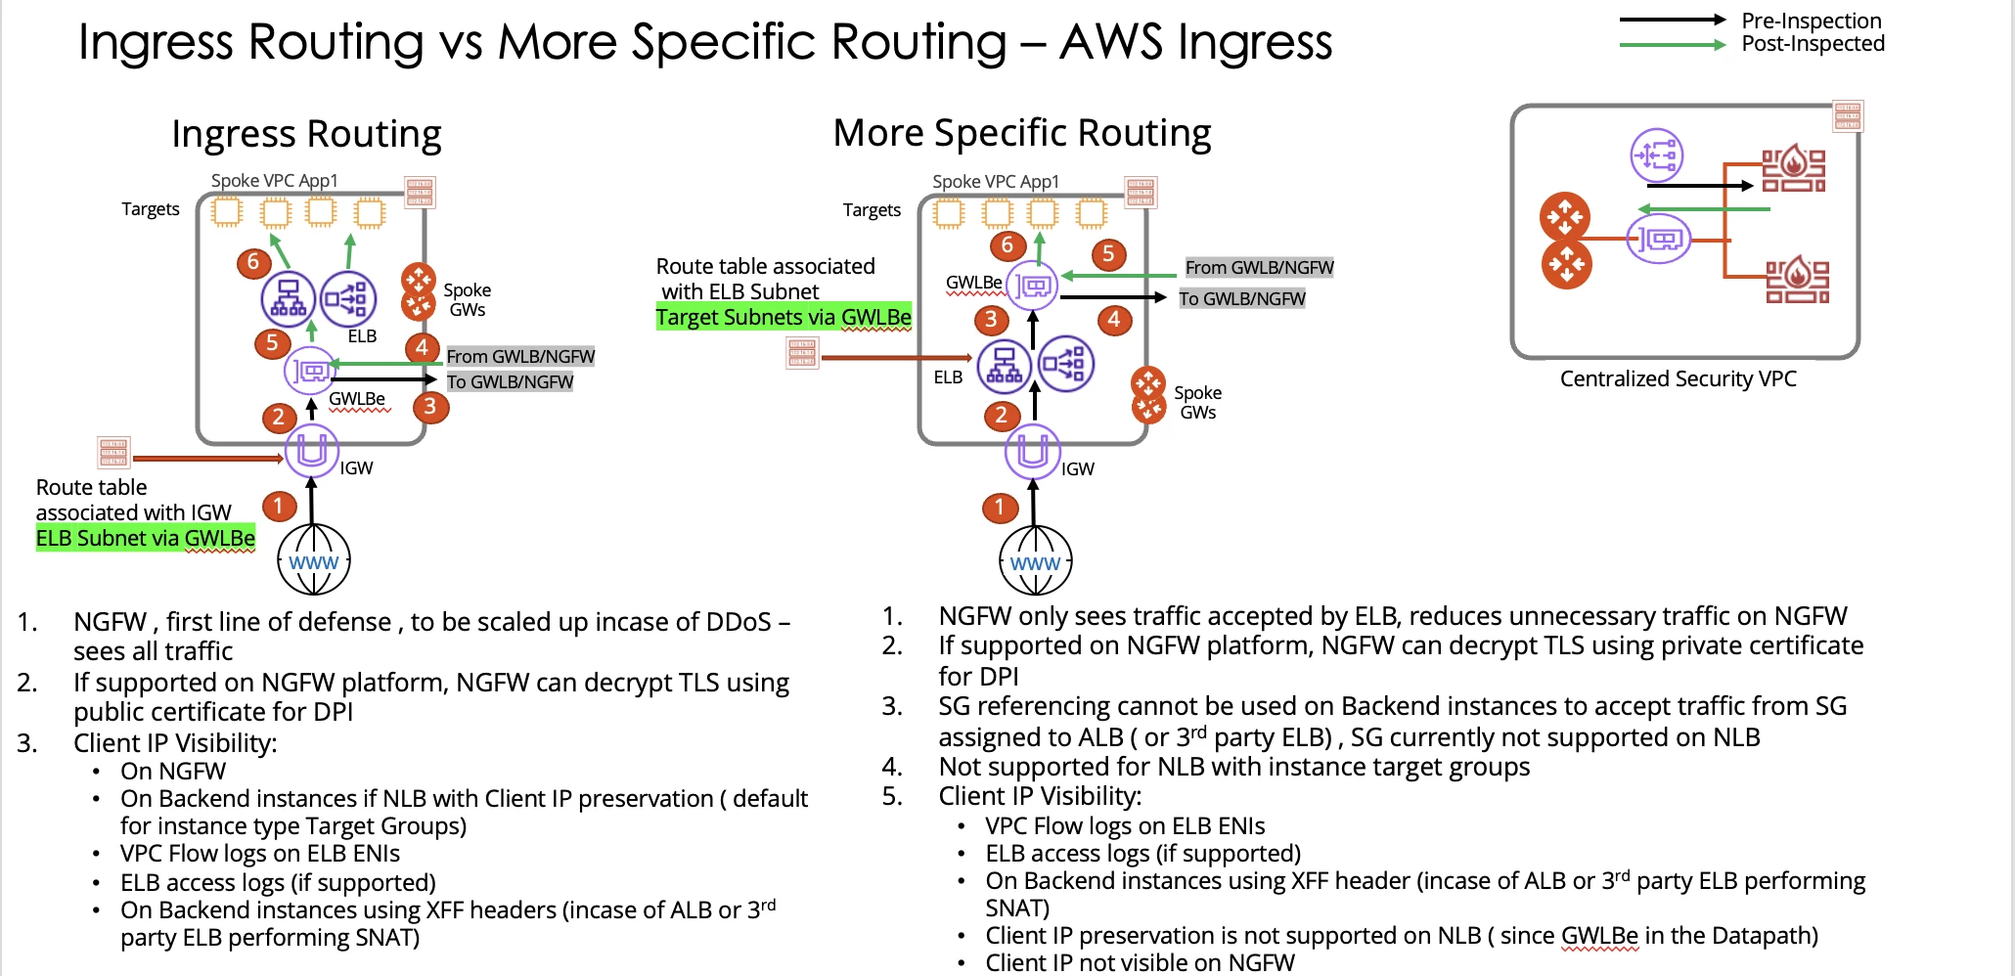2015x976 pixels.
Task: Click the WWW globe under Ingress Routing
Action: (x=314, y=560)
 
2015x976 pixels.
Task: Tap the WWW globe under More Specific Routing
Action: (x=1035, y=561)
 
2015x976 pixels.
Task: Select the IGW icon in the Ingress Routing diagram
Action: (x=311, y=450)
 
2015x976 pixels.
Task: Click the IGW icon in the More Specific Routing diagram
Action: (x=1033, y=451)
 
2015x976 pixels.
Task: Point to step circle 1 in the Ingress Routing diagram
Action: (x=279, y=506)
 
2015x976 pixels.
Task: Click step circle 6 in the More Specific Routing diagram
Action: (x=1007, y=245)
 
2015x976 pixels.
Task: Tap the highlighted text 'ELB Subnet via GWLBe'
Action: (x=146, y=538)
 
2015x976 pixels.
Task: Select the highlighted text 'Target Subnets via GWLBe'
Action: (x=784, y=317)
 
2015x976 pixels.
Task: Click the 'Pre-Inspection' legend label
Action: (x=1811, y=21)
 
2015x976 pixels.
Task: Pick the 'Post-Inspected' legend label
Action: (x=1813, y=44)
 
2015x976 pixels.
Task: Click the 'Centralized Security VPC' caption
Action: (x=1678, y=378)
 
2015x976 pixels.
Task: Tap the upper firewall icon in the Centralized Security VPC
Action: (x=1793, y=167)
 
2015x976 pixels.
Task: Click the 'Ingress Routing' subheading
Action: (x=306, y=134)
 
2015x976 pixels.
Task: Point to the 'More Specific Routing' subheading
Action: (x=1021, y=133)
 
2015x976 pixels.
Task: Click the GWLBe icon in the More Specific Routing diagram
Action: (x=1032, y=286)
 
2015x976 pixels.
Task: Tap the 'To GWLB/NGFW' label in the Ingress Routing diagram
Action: (x=510, y=381)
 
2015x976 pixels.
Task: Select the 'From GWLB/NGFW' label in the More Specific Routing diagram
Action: (x=1259, y=267)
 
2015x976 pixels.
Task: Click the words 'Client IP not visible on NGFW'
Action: (x=1140, y=962)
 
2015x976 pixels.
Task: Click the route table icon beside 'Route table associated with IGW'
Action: (x=113, y=453)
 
